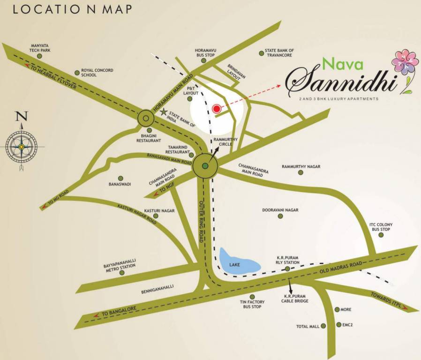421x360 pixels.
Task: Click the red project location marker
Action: click(216, 109)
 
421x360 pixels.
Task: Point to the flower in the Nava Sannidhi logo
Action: click(405, 62)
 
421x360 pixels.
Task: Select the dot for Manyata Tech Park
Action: click(39, 56)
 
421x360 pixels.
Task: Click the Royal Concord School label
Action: click(97, 73)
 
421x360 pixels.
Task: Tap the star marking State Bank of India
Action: click(163, 112)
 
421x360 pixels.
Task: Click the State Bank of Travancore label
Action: click(279, 53)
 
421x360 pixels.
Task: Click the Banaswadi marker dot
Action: click(120, 178)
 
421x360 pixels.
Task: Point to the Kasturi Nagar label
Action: click(159, 211)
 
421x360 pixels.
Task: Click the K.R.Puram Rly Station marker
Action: click(287, 269)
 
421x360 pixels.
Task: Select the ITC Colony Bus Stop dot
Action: click(381, 235)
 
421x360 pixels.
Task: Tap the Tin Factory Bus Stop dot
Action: click(252, 297)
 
